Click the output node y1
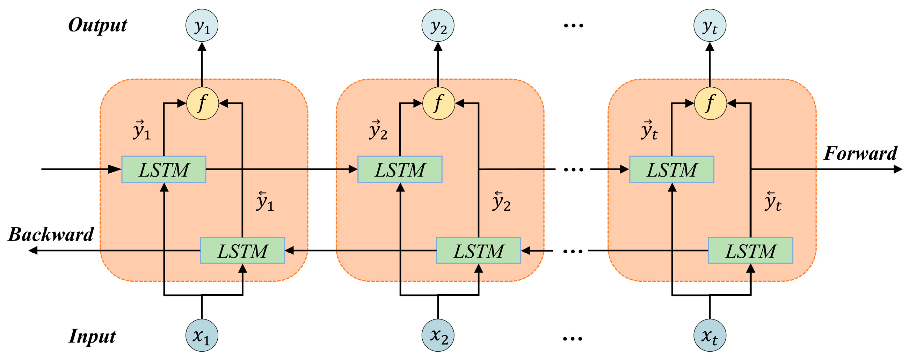tap(202, 26)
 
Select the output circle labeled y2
tap(438, 26)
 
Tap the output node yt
tap(710, 26)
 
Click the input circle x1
tap(202, 335)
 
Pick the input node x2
tap(438, 335)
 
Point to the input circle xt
tap(710, 335)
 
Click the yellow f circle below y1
tap(203, 103)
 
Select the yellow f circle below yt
tap(710, 103)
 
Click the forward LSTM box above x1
tap(164, 170)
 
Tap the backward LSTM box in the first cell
tap(242, 251)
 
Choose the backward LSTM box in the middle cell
tap(479, 251)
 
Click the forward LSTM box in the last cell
tap(671, 170)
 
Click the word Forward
tap(860, 153)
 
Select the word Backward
tap(51, 235)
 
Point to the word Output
tap(97, 26)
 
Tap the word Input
tap(92, 336)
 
